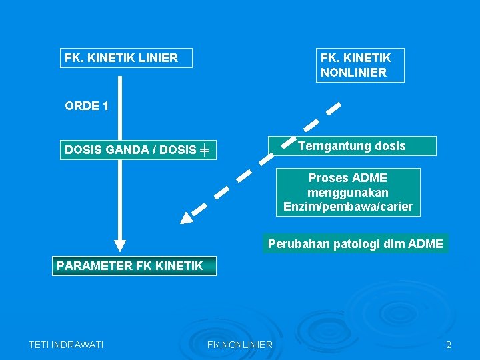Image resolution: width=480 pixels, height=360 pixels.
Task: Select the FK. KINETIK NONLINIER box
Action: (x=359, y=65)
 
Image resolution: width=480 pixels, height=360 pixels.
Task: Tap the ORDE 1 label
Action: (x=87, y=106)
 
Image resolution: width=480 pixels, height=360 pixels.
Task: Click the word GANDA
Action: (x=127, y=150)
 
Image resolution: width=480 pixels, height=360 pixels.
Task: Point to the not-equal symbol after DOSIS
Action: (x=204, y=151)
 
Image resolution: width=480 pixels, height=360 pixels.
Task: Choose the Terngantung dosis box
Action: (x=351, y=146)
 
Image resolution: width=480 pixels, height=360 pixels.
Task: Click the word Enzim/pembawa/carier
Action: (x=348, y=207)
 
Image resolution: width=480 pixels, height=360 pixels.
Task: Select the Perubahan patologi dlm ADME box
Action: (x=355, y=244)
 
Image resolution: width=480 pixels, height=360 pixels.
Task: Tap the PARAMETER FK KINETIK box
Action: (x=130, y=266)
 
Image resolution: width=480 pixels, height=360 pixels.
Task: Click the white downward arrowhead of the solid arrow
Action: (x=120, y=247)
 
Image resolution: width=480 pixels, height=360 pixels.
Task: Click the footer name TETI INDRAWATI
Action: (x=66, y=345)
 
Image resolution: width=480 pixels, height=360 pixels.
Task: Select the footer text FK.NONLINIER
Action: (x=239, y=345)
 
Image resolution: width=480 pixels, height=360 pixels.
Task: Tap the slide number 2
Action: (x=449, y=345)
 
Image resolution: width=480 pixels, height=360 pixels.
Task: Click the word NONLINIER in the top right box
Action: (x=353, y=73)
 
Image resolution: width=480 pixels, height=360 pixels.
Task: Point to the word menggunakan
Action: (x=348, y=193)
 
